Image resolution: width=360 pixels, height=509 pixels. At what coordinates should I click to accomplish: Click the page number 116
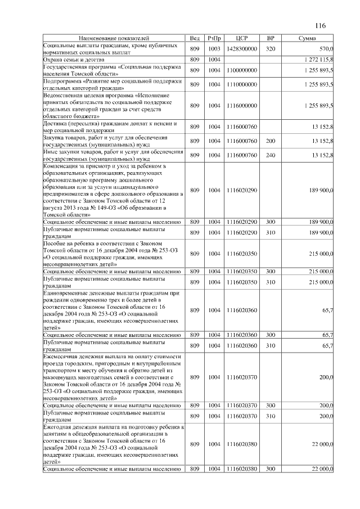coord(321,25)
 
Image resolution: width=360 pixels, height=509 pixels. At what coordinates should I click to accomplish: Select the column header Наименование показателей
coord(114,38)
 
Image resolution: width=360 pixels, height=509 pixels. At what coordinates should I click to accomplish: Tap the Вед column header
coord(195,38)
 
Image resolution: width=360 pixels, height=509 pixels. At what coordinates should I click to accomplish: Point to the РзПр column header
coord(214,38)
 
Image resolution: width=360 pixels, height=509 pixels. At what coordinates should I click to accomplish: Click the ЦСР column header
coord(242,38)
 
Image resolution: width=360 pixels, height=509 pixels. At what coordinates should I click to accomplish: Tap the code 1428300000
coord(242,49)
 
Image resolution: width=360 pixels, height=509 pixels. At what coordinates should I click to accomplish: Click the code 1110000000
coord(242,84)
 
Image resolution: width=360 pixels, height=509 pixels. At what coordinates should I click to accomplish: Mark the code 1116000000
coord(242,105)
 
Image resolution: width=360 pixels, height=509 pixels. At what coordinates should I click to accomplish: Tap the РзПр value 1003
coord(214,49)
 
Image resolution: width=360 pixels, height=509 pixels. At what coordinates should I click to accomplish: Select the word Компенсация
coord(64,166)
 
